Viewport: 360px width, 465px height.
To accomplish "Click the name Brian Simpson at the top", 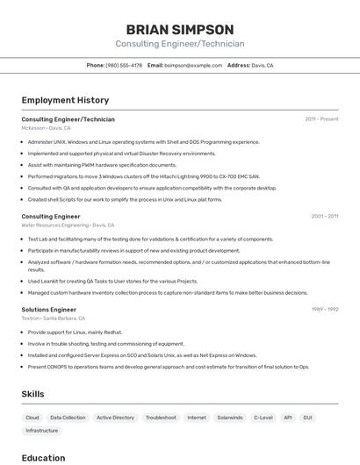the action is (x=180, y=30).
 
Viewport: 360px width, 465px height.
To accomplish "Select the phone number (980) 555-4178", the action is (x=124, y=66).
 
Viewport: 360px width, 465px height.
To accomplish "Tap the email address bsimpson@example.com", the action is (x=193, y=66).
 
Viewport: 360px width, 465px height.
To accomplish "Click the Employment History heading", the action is (x=65, y=101).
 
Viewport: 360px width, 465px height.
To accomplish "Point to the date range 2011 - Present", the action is (x=321, y=119).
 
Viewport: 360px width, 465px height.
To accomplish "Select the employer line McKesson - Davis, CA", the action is (x=46, y=128).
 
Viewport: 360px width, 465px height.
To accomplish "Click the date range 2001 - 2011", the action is (x=324, y=216).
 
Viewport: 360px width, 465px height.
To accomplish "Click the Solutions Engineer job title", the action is (x=48, y=310).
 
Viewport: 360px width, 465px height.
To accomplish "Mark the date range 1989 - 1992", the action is (x=324, y=310).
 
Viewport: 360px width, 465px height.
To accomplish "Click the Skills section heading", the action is (x=32, y=394).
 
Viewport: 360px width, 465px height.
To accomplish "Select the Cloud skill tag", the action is (x=32, y=418).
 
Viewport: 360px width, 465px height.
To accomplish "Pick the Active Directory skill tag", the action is (x=115, y=418).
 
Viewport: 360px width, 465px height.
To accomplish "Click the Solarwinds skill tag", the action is (x=229, y=418).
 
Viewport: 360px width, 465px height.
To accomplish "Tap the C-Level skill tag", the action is (x=263, y=418).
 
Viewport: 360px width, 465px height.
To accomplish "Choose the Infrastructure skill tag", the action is (x=42, y=431).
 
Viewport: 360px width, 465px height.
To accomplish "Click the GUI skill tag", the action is (x=307, y=418).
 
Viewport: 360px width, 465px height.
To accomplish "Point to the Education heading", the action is (x=43, y=458).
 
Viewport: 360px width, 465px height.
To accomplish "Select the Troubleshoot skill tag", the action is (x=161, y=418).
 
